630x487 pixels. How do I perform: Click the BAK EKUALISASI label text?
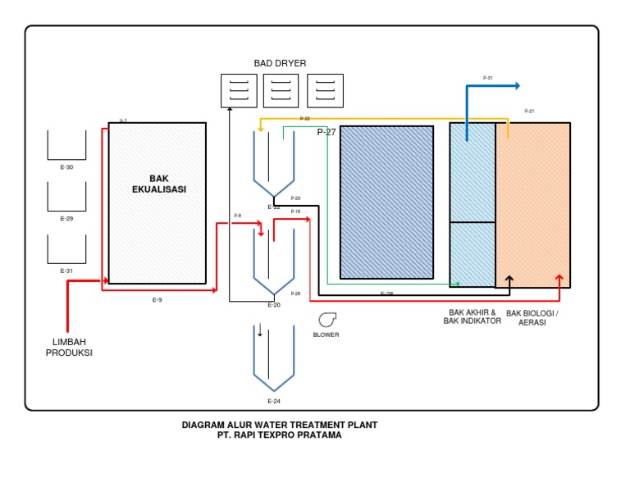click(x=158, y=184)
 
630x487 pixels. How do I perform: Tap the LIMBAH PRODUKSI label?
click(x=69, y=348)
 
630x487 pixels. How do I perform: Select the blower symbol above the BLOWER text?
click(x=326, y=320)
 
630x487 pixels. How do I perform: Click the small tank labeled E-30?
click(x=66, y=145)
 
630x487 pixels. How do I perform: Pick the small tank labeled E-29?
click(x=66, y=197)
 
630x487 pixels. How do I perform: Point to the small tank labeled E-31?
click(x=66, y=249)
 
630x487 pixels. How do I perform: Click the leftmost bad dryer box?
click(x=239, y=90)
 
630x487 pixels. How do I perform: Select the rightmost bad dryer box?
click(x=325, y=90)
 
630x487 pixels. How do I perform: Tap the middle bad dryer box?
click(x=281, y=90)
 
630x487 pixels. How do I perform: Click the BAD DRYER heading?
click(x=280, y=63)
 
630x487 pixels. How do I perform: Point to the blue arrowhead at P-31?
click(x=516, y=85)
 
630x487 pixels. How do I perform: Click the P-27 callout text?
click(x=326, y=132)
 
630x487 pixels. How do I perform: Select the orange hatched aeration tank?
click(x=532, y=205)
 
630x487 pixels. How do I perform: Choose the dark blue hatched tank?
click(x=386, y=202)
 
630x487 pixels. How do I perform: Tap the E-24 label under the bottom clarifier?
click(x=274, y=401)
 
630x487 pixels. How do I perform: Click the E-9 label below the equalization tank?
click(x=157, y=300)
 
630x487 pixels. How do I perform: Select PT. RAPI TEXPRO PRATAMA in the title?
click(x=279, y=435)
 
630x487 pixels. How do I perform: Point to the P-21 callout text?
click(x=529, y=112)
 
